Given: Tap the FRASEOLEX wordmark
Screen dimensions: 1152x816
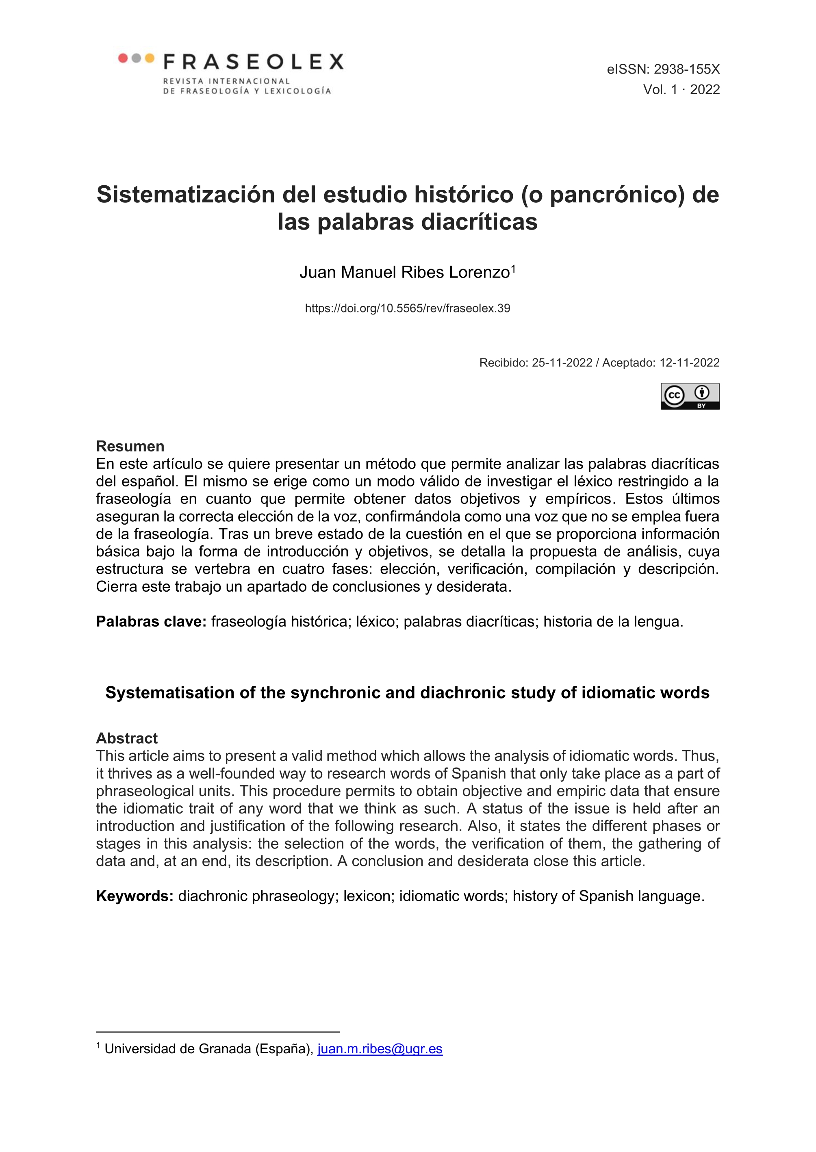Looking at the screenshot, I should point(254,62).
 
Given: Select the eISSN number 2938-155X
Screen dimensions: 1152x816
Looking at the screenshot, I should point(686,69).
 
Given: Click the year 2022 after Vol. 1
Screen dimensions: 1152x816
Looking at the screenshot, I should point(705,89).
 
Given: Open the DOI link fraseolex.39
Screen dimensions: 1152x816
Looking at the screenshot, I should point(408,308).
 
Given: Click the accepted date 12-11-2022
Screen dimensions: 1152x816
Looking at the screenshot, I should point(689,363).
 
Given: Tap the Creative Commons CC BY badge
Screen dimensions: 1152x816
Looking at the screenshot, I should point(690,396).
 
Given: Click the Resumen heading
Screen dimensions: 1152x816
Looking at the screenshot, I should point(130,446).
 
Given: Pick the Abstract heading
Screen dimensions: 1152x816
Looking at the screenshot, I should point(127,738).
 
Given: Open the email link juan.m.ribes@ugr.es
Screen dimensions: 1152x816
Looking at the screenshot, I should point(380,1049).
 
